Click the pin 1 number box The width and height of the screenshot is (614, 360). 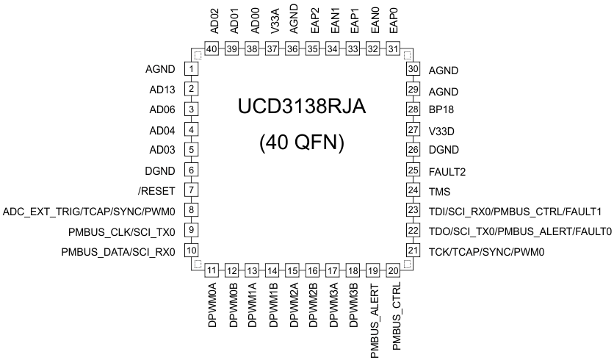pos(192,70)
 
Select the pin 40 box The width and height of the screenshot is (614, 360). pos(212,49)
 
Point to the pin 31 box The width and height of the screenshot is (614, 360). pos(393,49)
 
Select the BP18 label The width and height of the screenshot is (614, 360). pos(442,110)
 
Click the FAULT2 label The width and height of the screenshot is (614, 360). pos(447,172)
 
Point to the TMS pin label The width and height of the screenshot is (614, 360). pos(439,191)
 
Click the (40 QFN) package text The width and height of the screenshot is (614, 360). pos(301,143)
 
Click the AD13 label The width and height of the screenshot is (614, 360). pos(161,90)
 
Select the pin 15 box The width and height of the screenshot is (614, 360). pos(293,270)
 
